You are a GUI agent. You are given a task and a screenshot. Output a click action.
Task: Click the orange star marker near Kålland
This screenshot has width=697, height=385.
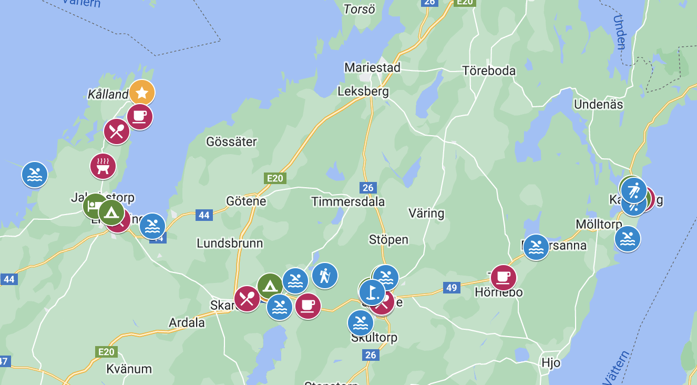141,93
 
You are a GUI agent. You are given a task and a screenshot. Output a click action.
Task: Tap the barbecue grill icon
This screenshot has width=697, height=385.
103,166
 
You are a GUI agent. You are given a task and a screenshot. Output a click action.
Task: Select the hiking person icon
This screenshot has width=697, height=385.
325,275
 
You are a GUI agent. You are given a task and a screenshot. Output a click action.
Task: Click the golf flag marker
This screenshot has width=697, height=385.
372,291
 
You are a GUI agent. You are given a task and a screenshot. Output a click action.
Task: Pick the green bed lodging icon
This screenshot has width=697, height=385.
95,206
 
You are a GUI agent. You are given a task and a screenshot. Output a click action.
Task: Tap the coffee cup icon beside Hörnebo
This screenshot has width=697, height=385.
503,277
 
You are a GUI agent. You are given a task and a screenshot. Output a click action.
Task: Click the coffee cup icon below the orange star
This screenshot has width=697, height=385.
140,117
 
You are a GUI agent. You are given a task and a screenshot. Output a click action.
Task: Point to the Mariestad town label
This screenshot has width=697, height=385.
372,68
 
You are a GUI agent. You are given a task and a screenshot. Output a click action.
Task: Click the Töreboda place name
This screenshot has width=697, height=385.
489,70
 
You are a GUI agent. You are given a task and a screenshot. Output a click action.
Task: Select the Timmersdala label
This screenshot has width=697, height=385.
348,201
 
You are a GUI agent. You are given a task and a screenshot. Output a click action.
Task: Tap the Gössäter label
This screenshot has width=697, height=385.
232,141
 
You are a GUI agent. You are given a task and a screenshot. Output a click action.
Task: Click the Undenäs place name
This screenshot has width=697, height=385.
598,104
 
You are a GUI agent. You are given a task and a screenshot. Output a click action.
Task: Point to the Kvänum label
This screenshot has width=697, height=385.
129,368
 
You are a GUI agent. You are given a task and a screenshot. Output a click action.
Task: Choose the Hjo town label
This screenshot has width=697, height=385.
551,363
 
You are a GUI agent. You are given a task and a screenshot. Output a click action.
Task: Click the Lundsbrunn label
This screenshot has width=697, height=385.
230,244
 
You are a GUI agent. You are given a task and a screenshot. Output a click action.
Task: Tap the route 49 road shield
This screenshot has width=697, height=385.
452,288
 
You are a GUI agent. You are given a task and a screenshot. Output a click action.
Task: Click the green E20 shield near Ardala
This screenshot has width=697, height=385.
105,351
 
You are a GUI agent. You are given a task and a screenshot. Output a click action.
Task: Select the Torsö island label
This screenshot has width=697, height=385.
360,9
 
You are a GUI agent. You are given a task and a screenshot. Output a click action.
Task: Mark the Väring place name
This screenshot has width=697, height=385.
426,213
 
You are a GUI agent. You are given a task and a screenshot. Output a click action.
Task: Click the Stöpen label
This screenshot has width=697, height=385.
388,240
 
